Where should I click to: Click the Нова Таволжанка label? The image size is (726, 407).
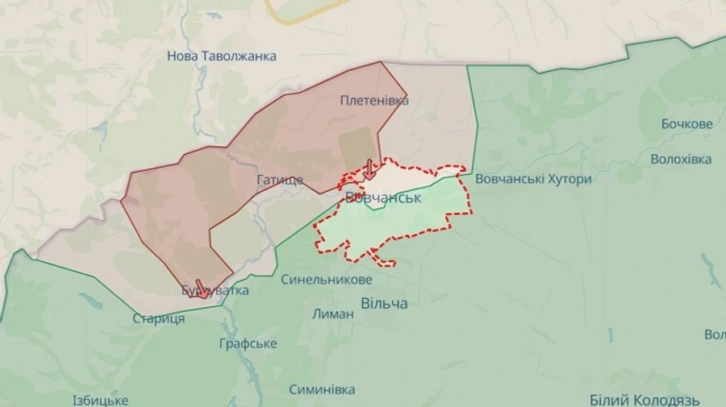coord(221,56)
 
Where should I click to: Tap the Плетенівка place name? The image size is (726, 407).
coord(374,101)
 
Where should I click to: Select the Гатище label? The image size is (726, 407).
coord(280,180)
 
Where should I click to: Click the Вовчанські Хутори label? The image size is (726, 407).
coord(533,179)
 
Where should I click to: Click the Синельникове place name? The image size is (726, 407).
coord(327,280)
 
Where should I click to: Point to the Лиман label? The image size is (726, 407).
coord(332,314)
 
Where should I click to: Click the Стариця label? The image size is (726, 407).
coord(159,318)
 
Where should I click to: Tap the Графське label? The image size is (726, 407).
coord(248,343)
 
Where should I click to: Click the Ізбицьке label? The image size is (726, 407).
coord(100,401)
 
